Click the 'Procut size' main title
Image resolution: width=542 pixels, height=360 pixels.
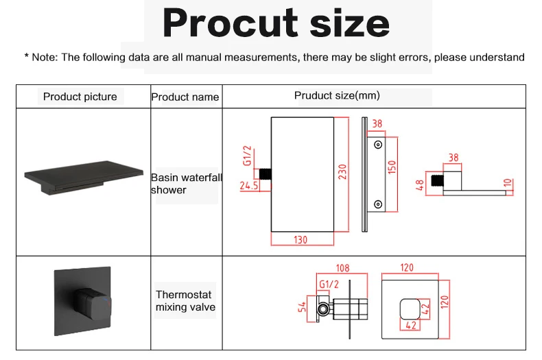point(276,23)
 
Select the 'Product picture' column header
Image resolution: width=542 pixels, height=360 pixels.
point(80,97)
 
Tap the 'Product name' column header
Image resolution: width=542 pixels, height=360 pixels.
point(185,97)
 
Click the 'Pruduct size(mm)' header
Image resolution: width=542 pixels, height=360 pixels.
point(337,95)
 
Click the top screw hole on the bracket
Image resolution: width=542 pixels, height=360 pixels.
point(377,145)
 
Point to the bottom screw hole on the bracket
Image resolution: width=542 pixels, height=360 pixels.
point(377,204)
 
